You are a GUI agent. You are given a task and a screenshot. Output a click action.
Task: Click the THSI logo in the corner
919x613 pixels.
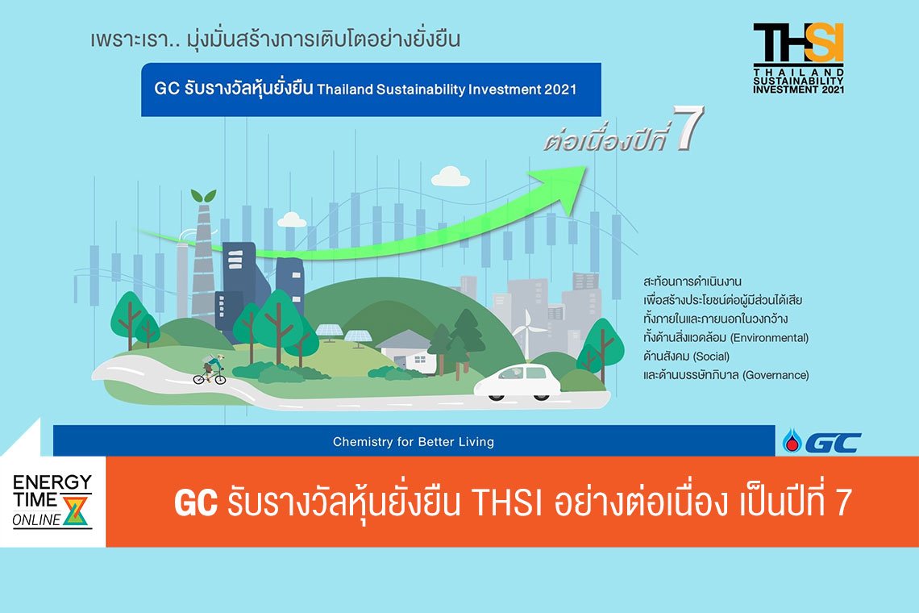(798, 57)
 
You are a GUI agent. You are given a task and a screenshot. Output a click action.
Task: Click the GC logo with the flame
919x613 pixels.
(821, 442)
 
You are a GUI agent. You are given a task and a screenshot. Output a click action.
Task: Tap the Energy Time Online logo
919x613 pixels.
(52, 501)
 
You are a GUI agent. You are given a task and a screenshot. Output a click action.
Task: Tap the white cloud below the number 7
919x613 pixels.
(450, 177)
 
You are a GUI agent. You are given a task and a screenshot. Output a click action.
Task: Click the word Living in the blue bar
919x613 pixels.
(476, 442)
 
